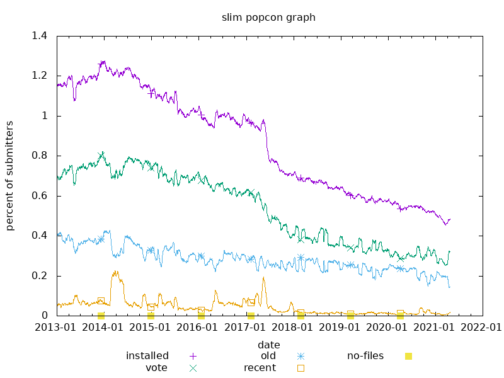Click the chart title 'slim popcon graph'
click(x=268, y=18)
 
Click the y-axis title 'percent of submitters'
click(x=10, y=176)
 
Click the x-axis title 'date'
click(x=268, y=345)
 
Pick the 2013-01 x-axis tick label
click(x=57, y=328)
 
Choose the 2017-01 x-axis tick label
click(x=250, y=328)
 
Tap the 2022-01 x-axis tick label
click(x=483, y=328)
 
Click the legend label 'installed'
click(x=147, y=356)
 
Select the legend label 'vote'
click(x=156, y=368)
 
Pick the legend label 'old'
click(x=268, y=356)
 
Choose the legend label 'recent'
click(x=260, y=368)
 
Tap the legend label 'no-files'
click(x=365, y=356)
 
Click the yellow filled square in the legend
click(x=408, y=356)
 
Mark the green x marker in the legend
click(x=193, y=368)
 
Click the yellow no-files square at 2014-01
click(x=101, y=316)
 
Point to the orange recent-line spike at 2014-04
click(x=115, y=272)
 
